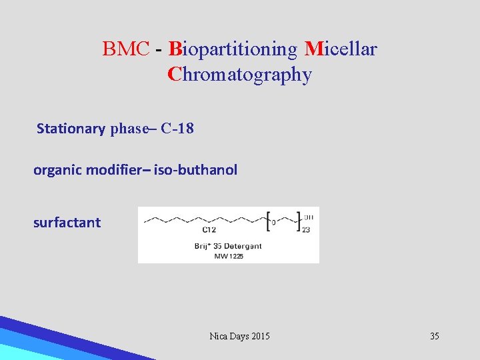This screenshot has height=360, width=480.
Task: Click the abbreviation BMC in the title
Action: point(126,49)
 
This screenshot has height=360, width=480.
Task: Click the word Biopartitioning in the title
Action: point(233,49)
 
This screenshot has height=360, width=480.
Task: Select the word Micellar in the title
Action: point(341,49)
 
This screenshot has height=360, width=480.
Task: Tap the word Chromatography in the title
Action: point(239,75)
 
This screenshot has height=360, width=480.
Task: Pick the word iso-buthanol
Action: point(195,170)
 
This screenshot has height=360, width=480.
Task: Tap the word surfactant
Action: point(67,223)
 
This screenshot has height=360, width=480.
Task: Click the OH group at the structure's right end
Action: point(308,217)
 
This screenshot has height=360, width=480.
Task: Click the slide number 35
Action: point(434,336)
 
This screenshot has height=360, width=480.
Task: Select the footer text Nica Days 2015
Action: point(239,336)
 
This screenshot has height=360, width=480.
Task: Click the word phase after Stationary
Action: point(129,129)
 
